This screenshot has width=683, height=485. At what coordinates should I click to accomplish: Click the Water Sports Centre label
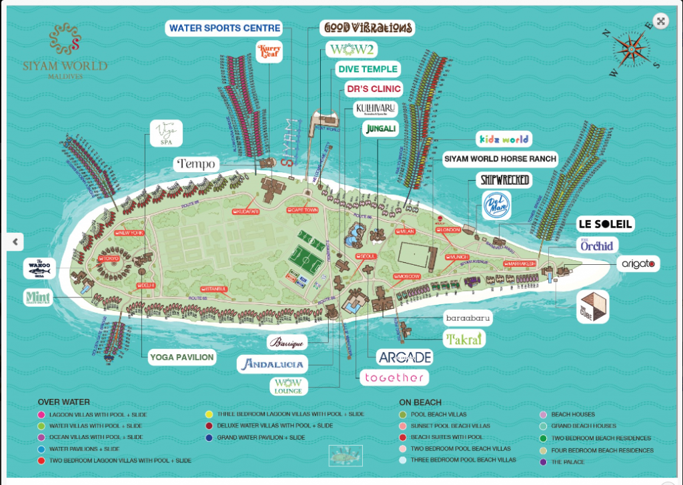tap(225, 29)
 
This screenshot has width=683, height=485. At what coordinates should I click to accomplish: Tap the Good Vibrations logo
tap(367, 28)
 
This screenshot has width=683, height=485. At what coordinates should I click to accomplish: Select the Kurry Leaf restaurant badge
tap(269, 51)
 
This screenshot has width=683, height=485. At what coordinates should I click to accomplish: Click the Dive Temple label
tap(368, 69)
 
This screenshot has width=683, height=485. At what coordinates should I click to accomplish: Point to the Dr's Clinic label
tap(373, 89)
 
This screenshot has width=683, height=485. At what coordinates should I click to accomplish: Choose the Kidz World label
tap(504, 139)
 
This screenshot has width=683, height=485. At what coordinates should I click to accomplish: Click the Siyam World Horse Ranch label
tap(501, 159)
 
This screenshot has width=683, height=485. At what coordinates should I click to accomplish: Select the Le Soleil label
tap(605, 224)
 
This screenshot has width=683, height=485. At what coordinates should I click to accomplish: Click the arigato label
tap(638, 264)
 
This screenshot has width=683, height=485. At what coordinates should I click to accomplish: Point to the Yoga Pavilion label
tap(182, 358)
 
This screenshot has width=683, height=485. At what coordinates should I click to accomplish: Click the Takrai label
tap(464, 340)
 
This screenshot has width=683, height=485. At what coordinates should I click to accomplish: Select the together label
tap(394, 378)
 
